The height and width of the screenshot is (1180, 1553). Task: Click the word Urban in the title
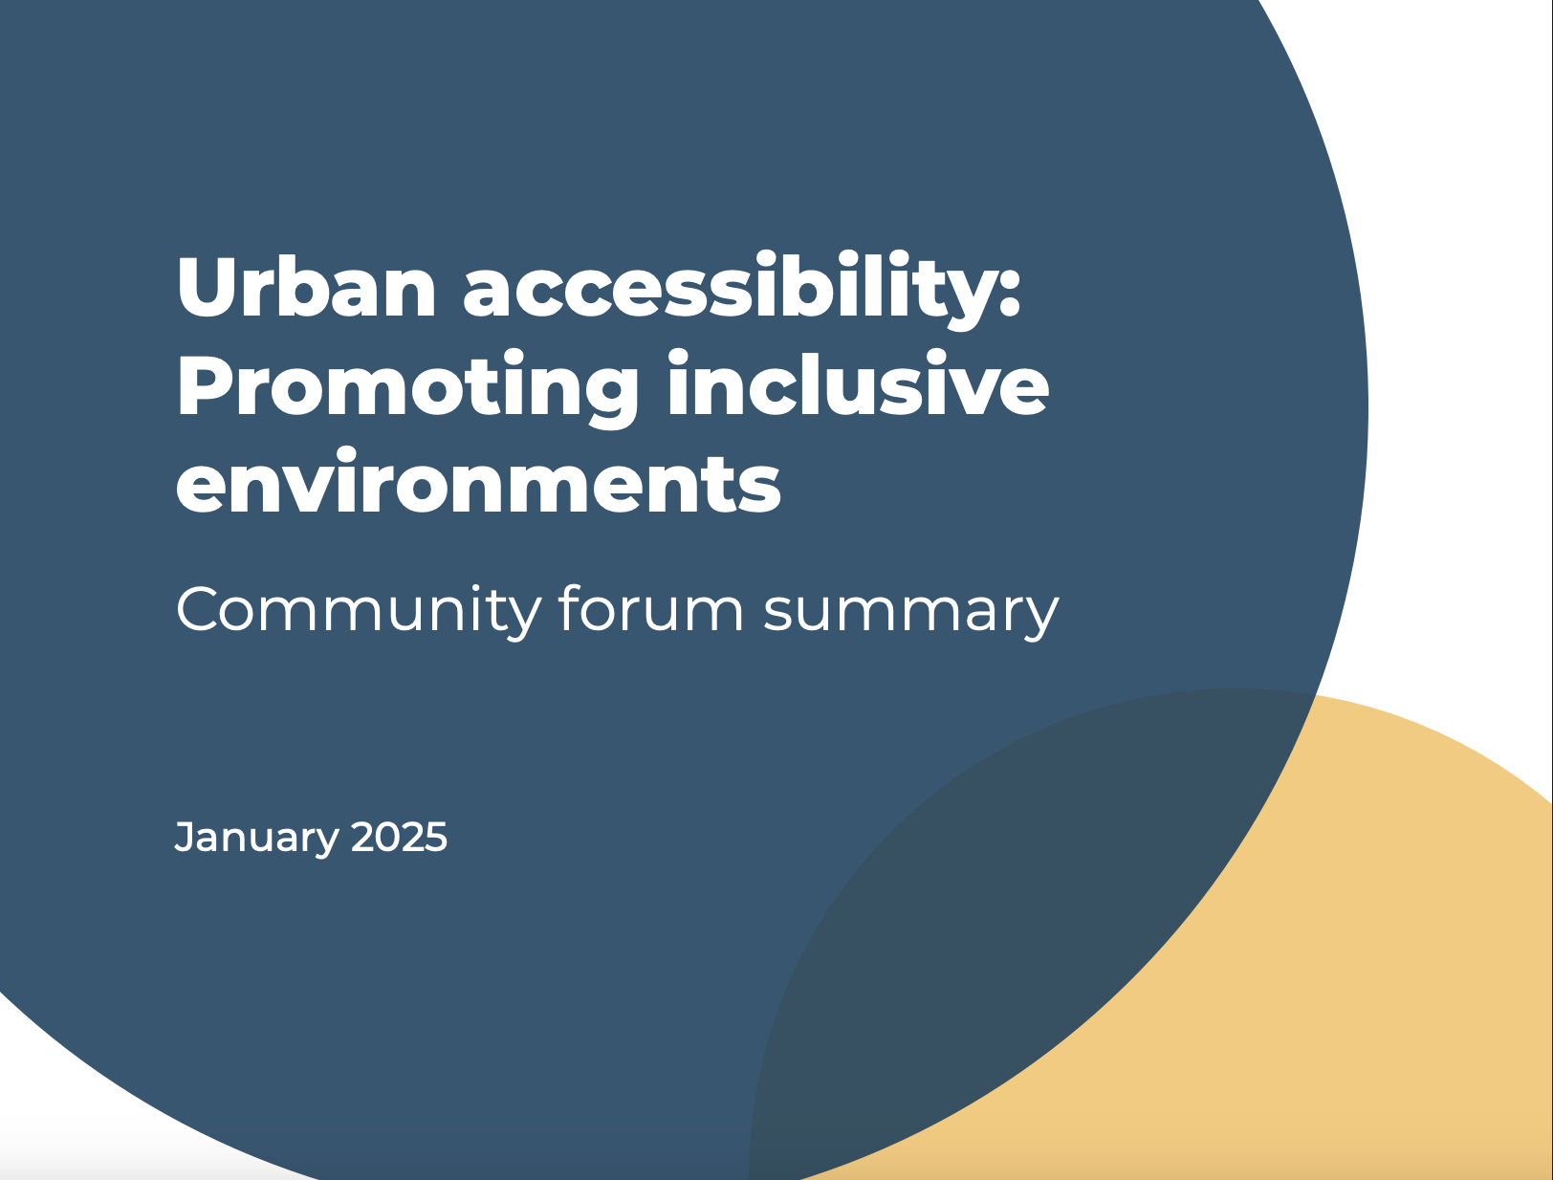(x=306, y=287)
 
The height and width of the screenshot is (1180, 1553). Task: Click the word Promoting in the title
(x=406, y=387)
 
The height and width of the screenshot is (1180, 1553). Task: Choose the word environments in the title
(x=478, y=483)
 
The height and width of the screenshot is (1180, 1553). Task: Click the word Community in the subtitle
(x=359, y=611)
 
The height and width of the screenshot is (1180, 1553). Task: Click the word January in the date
(x=257, y=838)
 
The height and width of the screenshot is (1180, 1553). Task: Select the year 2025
(x=399, y=837)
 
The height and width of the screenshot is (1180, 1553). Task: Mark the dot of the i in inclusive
(x=679, y=357)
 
